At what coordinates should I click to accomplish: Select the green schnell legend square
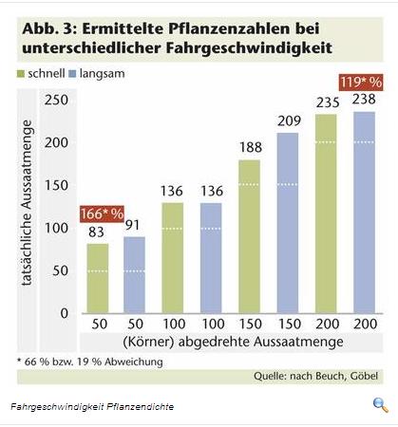(22, 73)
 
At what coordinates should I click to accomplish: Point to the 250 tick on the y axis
(57, 101)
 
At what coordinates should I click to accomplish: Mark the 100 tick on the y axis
(57, 228)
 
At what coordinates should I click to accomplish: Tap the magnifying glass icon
(380, 405)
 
